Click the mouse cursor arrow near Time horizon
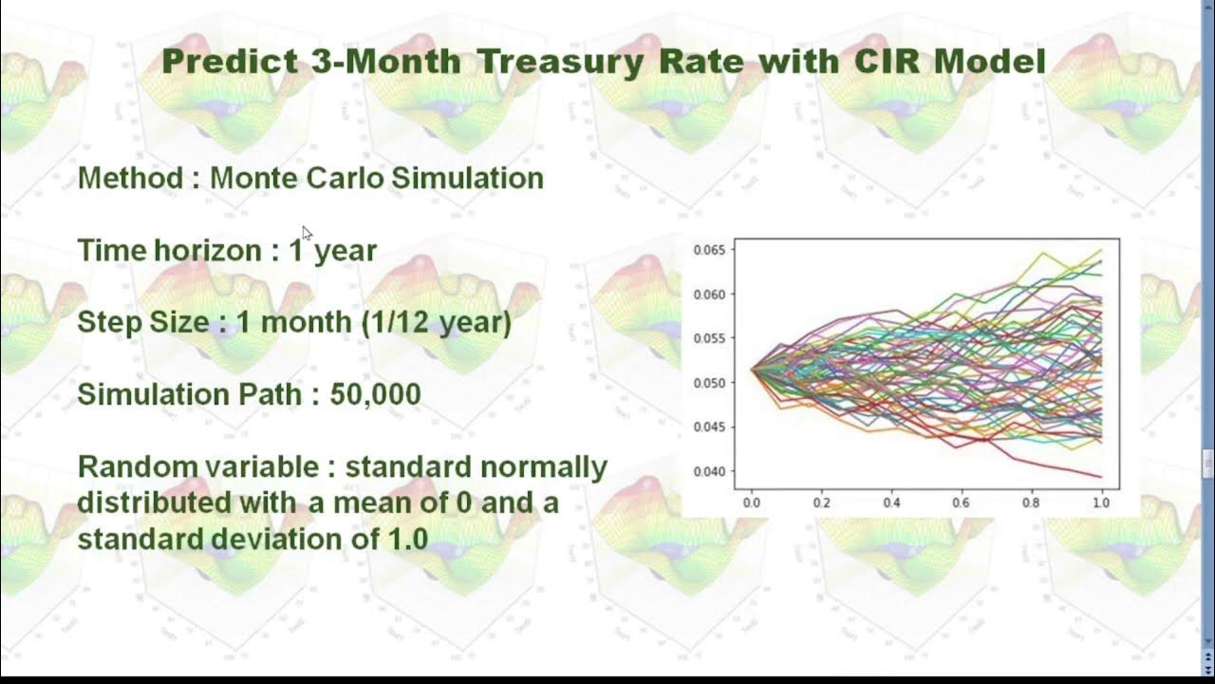click(307, 233)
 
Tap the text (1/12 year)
click(436, 322)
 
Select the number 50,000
click(375, 394)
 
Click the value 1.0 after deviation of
click(408, 540)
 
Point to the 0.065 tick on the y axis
click(709, 251)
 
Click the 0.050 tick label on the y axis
click(709, 383)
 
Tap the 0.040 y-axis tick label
click(709, 471)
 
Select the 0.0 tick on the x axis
click(752, 503)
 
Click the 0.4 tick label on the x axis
click(892, 503)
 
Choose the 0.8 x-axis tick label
click(1032, 503)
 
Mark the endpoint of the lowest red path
click(1101, 477)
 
